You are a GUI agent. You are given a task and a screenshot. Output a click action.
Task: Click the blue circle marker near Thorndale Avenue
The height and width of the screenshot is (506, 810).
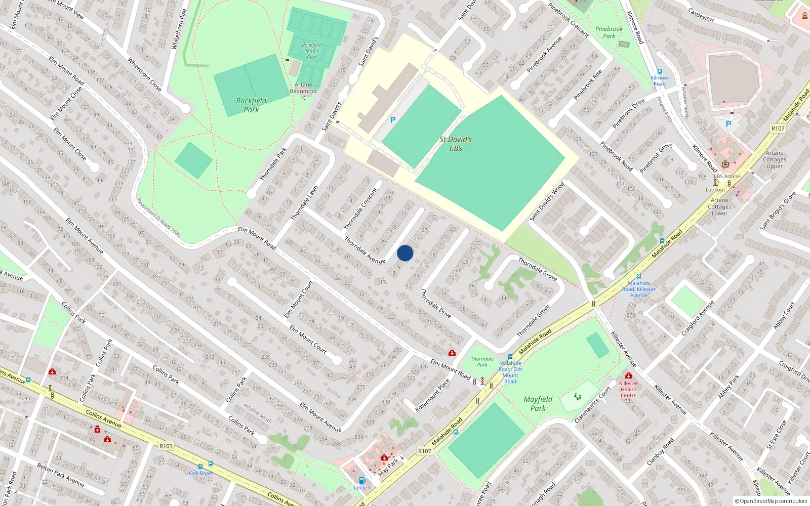point(405,253)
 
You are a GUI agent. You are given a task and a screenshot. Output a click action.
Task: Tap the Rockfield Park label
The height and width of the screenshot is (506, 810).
point(251,105)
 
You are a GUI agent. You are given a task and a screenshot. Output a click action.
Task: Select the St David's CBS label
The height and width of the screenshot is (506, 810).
point(456,144)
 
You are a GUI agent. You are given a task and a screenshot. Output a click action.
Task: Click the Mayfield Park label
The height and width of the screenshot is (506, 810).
point(538,403)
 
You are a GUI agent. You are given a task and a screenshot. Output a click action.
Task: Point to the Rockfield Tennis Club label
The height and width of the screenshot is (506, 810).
point(312,51)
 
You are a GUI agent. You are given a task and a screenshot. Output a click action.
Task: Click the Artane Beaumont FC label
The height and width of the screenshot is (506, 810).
point(303,92)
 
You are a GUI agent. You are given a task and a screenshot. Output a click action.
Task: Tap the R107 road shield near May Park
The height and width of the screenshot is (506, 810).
point(424,451)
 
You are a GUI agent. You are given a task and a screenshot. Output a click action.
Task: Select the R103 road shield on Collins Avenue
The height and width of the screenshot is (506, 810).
point(166,446)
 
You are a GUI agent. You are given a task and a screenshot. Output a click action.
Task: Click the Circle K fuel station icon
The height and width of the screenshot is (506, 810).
point(362,480)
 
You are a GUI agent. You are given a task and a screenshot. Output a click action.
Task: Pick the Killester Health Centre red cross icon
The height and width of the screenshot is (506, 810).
point(628,375)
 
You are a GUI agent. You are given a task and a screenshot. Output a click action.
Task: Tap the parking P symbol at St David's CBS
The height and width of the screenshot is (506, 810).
point(392,120)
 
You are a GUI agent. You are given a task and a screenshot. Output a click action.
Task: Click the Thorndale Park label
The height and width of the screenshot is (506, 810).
point(482,361)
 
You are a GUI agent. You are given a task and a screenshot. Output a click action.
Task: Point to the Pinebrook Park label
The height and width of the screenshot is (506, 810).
point(609,32)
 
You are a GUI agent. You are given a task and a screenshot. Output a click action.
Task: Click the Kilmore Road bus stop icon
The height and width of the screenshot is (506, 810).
point(659,71)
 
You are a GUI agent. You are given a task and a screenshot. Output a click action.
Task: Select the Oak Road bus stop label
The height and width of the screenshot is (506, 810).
point(200,473)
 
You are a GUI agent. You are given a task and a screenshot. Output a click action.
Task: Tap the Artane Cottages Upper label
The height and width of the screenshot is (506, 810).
point(774,159)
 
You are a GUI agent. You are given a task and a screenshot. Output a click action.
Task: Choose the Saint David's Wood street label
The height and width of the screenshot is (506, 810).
point(547,201)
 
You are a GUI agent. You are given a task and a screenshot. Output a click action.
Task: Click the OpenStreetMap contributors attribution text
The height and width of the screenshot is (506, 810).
point(771,501)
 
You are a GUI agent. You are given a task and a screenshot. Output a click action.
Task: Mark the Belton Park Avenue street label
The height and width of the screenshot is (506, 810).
point(60,475)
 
